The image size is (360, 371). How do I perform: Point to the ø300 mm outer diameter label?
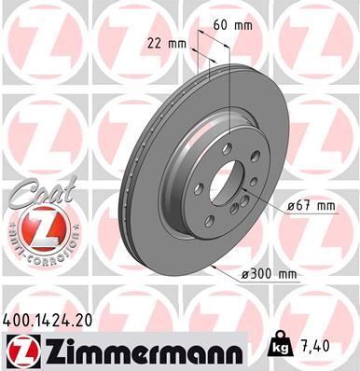[267, 274]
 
